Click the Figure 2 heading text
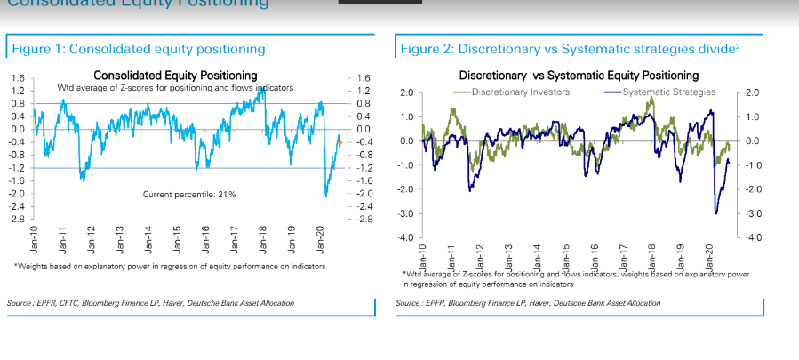point(570,47)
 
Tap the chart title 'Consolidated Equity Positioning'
point(175,76)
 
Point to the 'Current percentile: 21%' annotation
point(189,194)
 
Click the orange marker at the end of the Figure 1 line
point(339,142)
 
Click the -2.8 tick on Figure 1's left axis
point(19,219)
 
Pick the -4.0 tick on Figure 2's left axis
point(404,238)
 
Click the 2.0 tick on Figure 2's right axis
point(752,93)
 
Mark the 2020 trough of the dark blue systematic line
point(716,212)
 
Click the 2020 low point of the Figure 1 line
point(325,196)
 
